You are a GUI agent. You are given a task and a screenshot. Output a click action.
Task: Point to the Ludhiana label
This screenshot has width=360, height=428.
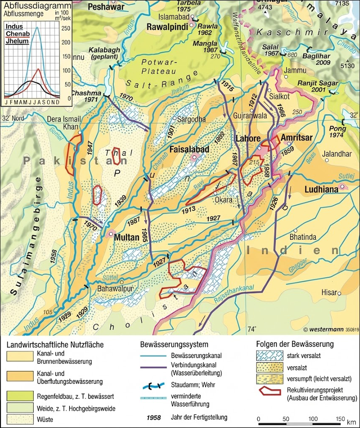[x=321, y=190]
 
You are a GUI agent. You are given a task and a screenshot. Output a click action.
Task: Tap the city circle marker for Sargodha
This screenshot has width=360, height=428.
[x=178, y=119]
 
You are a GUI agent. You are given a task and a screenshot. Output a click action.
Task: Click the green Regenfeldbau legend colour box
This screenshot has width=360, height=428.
[x=19, y=396]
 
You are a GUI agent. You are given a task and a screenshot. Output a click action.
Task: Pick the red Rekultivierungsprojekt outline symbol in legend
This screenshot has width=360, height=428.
[x=269, y=391]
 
